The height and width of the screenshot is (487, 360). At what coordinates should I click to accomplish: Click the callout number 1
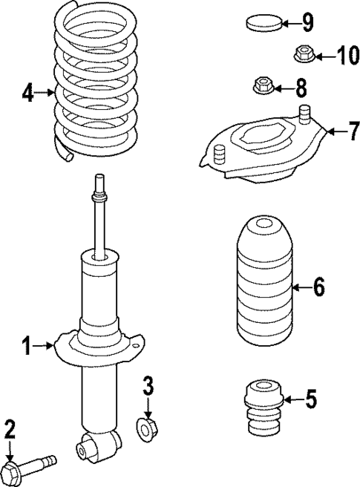click(26, 345)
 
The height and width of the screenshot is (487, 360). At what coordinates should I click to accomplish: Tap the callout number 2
click(10, 428)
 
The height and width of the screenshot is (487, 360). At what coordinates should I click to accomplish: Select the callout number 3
click(148, 385)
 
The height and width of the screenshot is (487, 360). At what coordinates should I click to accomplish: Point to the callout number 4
click(27, 94)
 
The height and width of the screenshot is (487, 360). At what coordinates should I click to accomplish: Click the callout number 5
click(310, 400)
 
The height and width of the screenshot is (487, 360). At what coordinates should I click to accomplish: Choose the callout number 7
click(333, 131)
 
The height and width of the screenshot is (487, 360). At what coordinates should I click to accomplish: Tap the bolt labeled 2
click(30, 468)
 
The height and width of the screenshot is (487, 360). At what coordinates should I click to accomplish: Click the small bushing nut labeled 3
click(147, 428)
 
